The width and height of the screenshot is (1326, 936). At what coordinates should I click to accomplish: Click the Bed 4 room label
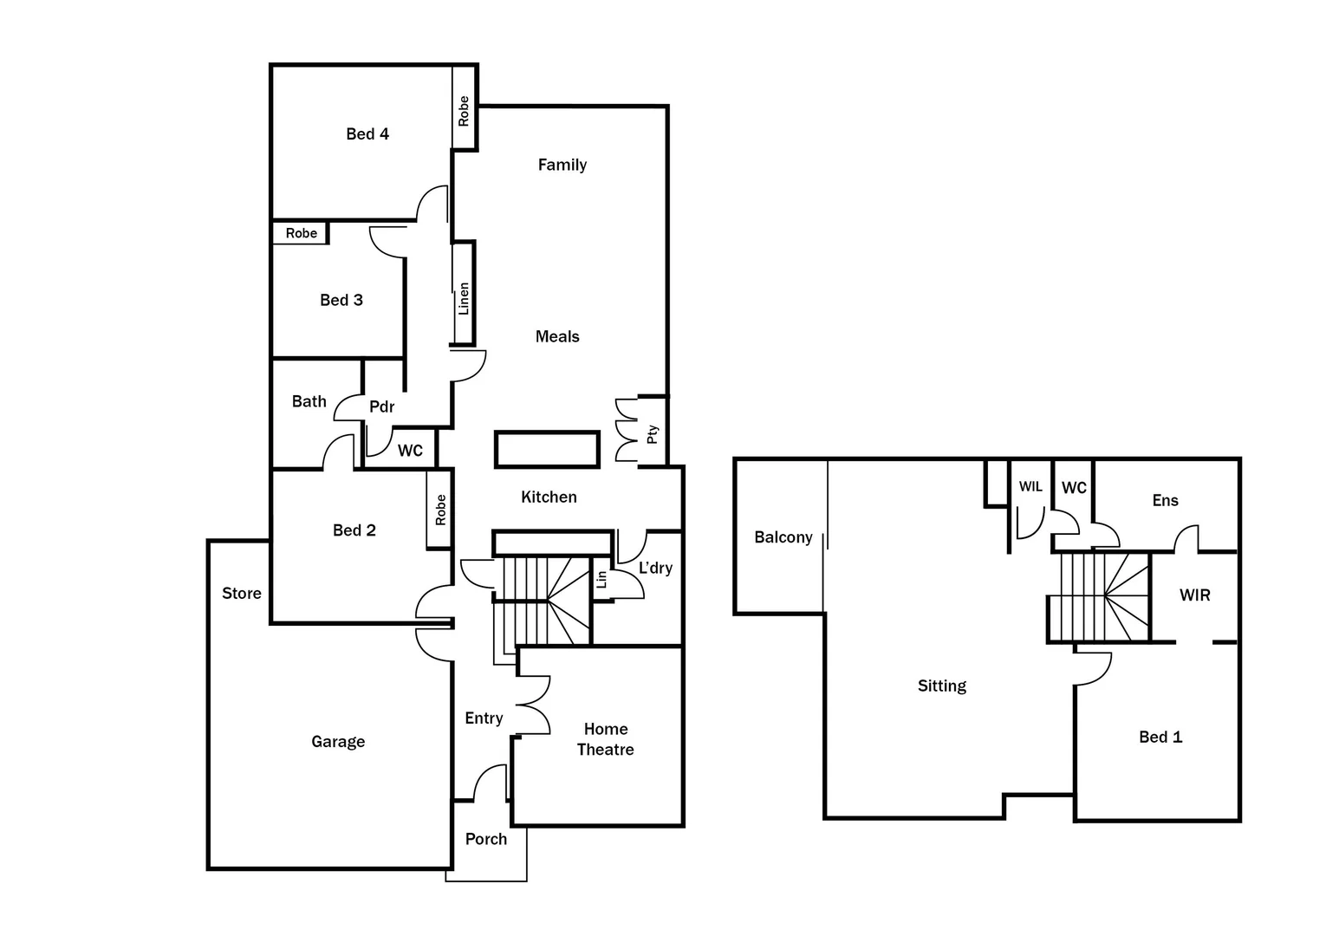[367, 133]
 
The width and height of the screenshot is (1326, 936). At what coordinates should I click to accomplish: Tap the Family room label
[562, 165]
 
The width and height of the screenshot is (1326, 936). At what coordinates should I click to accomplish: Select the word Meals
[557, 336]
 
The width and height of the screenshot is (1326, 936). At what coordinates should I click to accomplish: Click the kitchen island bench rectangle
[547, 450]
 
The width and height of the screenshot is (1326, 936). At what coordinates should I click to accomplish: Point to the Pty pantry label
[653, 433]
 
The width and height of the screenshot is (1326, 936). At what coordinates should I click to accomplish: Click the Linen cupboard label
[464, 299]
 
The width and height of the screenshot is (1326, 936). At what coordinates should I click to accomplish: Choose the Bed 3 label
[341, 300]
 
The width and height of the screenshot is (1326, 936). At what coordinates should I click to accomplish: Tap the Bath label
[309, 401]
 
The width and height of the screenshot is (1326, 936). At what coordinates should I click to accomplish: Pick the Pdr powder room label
[381, 406]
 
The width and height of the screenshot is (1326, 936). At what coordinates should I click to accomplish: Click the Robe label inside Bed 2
[440, 510]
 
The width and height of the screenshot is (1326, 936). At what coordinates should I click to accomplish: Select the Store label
[241, 594]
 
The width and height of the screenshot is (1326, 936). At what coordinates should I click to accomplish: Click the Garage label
[338, 742]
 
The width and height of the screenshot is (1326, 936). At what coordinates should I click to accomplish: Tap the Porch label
[485, 839]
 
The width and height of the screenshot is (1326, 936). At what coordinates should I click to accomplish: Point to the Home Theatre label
[605, 739]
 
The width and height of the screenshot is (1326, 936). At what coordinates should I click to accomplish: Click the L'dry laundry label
[655, 568]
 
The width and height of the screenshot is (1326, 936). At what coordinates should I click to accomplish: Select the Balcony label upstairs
[783, 537]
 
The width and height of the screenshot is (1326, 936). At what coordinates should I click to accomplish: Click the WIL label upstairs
[1030, 487]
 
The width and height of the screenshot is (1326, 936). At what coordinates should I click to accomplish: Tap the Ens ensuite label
[1165, 500]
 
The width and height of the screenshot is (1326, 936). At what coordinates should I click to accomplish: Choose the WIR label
[1194, 595]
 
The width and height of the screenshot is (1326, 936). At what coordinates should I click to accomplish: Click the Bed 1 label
[1160, 737]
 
